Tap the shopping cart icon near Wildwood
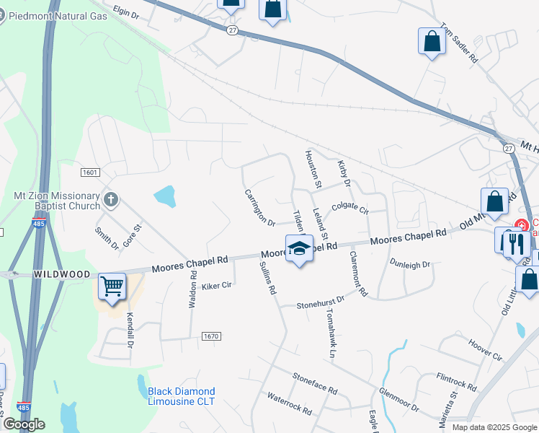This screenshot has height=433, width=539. pyautogui.click(x=112, y=287)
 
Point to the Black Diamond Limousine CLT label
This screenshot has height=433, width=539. pyautogui.click(x=182, y=396)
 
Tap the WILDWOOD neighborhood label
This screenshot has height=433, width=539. pyautogui.click(x=61, y=275)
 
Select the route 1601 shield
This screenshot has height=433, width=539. pyautogui.click(x=89, y=172)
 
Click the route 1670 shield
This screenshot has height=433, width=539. pyautogui.click(x=210, y=336)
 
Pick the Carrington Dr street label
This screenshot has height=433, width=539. pyautogui.click(x=260, y=208)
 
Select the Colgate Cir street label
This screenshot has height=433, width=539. pyautogui.click(x=350, y=209)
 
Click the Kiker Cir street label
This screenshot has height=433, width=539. pyautogui.click(x=216, y=285)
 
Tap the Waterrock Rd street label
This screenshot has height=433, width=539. pyautogui.click(x=289, y=403)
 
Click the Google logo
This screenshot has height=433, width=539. pyautogui.click(x=24, y=424)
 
